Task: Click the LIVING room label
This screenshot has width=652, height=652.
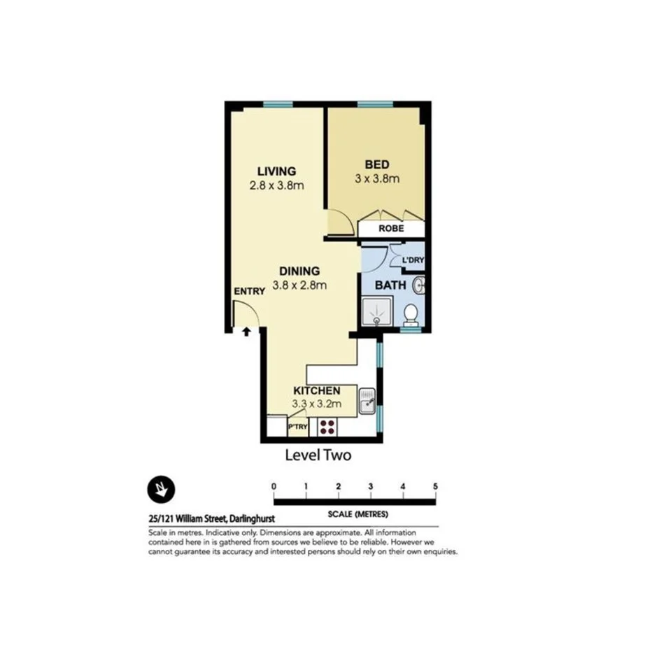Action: click(276, 171)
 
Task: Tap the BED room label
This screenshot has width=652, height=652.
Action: click(376, 164)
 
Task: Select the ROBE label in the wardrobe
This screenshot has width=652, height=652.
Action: click(391, 229)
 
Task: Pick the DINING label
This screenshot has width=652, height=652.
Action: click(299, 271)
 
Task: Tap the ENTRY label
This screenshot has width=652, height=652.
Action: click(249, 291)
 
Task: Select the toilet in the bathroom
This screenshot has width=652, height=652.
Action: click(412, 314)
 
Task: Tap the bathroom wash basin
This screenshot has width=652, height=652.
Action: click(419, 285)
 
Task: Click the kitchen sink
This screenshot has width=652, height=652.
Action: click(367, 401)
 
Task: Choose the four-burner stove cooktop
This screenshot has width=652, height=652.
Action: click(327, 426)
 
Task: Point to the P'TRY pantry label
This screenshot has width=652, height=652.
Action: click(298, 427)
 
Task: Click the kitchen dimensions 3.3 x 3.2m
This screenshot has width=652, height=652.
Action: click(316, 404)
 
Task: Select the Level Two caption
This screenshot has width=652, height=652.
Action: click(318, 455)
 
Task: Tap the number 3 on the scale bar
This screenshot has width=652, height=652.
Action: click(370, 487)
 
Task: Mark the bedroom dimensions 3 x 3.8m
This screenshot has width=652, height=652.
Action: click(376, 178)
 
